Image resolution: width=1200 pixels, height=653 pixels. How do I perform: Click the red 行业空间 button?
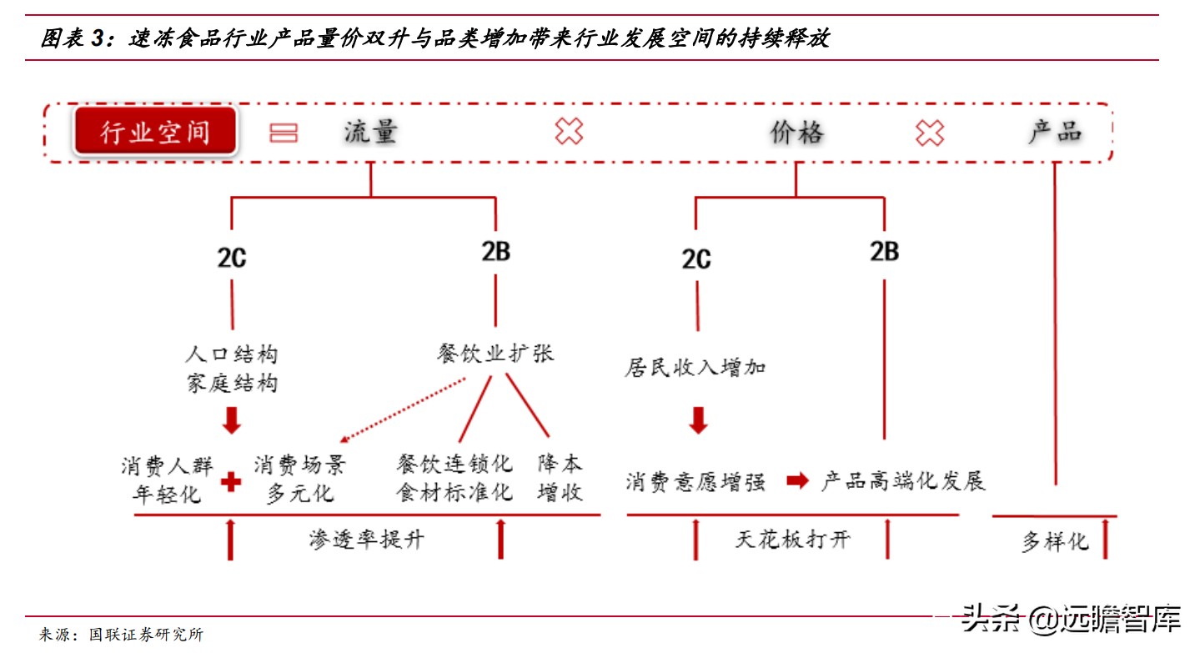point(155,133)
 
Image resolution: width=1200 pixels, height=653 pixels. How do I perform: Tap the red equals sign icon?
point(284,133)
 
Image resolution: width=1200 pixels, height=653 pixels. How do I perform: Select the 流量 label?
point(370,132)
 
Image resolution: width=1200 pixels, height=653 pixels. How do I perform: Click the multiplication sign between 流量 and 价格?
point(569,132)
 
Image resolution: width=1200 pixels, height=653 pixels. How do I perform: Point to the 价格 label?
point(796,133)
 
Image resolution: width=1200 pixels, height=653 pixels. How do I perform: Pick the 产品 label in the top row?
point(1055,132)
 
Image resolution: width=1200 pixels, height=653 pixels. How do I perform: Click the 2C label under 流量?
point(232,259)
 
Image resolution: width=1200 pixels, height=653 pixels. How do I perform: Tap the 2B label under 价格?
point(884,251)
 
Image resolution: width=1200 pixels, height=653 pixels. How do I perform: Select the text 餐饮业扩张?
point(495,354)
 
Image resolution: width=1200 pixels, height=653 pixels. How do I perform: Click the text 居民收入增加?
point(695,368)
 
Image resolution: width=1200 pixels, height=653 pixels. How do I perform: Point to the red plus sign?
point(231,481)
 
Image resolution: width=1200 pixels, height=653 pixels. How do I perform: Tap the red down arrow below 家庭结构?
point(232,420)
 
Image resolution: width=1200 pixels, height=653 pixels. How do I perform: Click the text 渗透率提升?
point(366,540)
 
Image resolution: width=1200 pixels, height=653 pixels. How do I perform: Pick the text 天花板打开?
point(792,539)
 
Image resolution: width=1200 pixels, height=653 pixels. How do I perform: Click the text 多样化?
point(1055,541)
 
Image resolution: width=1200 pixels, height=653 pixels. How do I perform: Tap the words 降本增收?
point(560,478)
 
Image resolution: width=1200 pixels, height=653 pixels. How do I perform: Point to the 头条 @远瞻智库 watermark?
point(1072,620)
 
